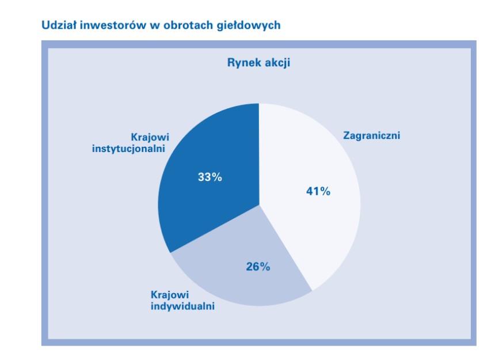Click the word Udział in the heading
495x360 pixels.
point(59,25)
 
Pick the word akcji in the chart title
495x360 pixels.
point(278,63)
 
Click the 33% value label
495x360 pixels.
point(210,177)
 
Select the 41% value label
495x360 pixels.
point(318,191)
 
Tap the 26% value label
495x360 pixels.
point(258,267)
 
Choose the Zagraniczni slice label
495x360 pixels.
point(372,135)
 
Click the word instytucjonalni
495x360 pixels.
point(128,149)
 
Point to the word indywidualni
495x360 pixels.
point(183,306)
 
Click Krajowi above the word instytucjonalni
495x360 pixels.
point(150,137)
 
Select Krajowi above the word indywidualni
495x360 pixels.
point(170,295)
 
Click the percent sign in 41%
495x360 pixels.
point(325,191)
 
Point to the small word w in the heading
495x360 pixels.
point(155,26)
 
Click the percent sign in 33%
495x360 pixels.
point(217,177)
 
